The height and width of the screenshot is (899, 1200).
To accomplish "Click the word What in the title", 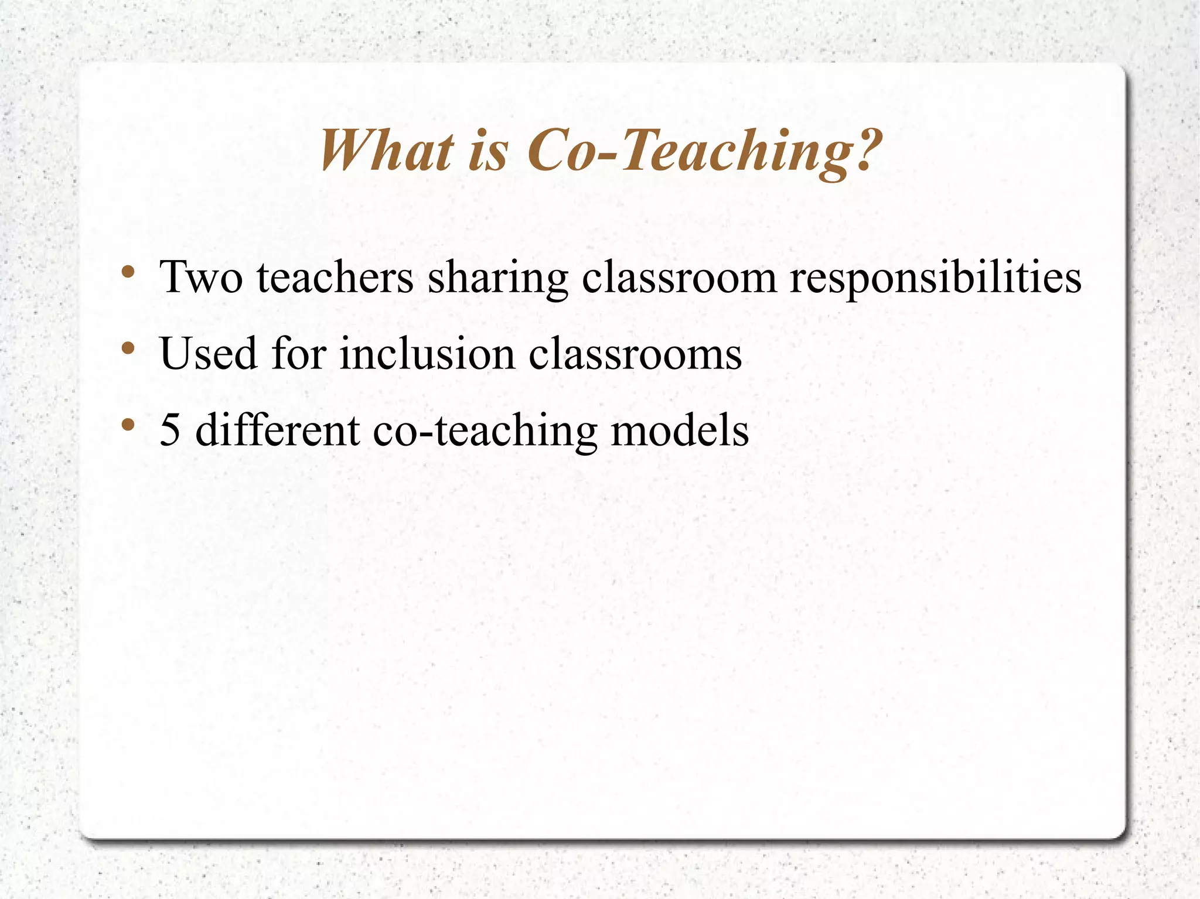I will tap(387, 151).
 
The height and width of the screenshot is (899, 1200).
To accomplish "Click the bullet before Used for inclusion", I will tap(128, 349).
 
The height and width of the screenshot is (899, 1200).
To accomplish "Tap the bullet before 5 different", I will tap(128, 426).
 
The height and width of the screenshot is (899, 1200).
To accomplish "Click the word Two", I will tap(201, 277).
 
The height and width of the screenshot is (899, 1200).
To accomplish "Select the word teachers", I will tap(335, 277).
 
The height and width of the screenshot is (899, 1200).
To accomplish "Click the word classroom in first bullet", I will tap(679, 277).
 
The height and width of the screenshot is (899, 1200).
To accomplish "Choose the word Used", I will tap(209, 354).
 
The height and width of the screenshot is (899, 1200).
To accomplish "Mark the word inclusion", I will tap(427, 354).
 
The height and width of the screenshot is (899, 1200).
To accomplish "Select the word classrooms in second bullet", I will tap(635, 354).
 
